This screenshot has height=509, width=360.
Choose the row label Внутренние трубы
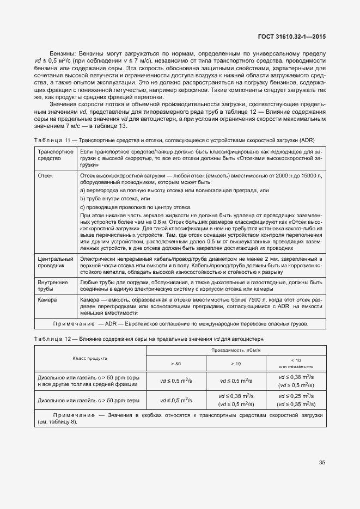[53, 286]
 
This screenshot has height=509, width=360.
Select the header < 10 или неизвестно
[296, 363]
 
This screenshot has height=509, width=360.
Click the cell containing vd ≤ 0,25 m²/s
[296, 396]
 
